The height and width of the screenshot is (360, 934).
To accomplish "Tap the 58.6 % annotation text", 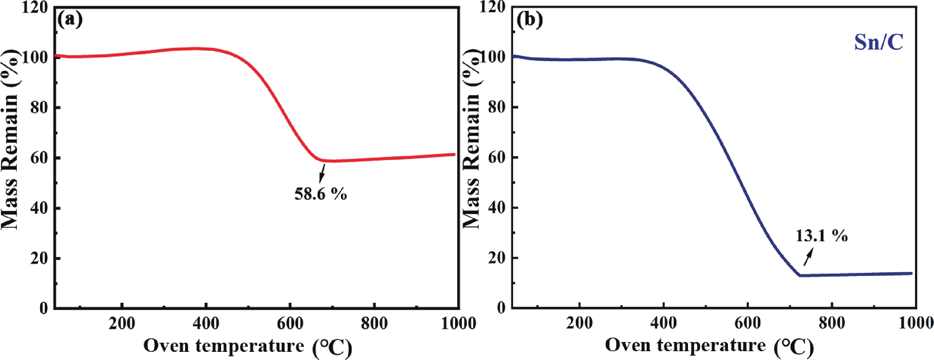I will click(321, 194).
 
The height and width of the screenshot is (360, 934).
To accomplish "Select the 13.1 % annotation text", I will click(821, 236).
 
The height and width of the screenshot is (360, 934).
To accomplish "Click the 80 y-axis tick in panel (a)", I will click(40, 108).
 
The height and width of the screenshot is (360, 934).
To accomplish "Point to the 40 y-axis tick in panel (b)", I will click(498, 208).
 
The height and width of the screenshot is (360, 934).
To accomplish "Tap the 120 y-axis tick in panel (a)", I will click(35, 7).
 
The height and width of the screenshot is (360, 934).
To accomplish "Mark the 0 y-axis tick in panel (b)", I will click(502, 308).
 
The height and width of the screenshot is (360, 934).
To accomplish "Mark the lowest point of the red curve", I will click(328, 161).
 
